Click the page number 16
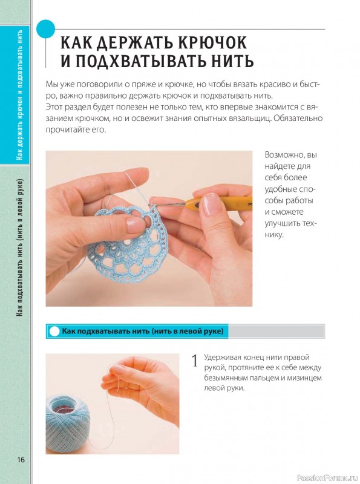pos(21,460)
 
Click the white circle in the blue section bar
pos(54,331)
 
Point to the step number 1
pos(195,361)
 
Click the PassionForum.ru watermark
pos(327,478)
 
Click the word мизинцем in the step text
pos(304,378)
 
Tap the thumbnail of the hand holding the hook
pos(149,229)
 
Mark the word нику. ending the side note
pos(274,235)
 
